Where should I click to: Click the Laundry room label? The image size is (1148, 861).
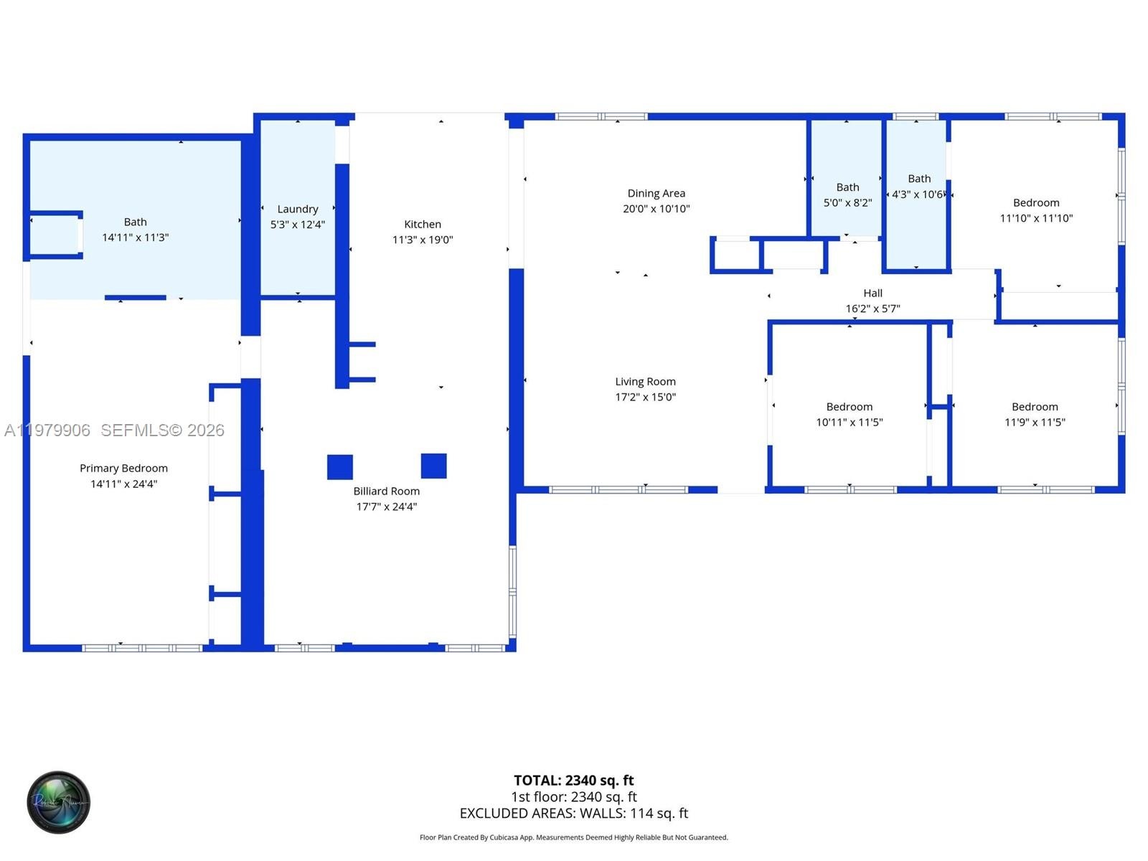(298, 209)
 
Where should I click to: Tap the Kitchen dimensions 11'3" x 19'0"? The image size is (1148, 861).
(423, 240)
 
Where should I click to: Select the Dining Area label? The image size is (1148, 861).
(656, 194)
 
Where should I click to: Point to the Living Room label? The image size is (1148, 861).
(645, 382)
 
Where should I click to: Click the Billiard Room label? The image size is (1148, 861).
(386, 491)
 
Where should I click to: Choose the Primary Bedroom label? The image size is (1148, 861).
(123, 469)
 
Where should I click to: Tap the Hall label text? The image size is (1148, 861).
(873, 293)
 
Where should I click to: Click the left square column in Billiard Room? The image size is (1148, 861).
(340, 467)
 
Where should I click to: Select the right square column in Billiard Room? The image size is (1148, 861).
(433, 466)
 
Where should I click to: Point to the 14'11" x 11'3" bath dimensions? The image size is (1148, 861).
(135, 237)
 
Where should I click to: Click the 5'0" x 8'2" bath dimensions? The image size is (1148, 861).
(847, 203)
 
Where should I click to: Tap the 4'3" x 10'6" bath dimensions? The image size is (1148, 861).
(918, 194)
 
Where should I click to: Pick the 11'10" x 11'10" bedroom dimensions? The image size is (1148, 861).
(1036, 218)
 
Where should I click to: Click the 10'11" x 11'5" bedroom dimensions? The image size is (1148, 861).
(850, 422)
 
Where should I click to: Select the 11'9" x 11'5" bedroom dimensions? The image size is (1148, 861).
(1035, 422)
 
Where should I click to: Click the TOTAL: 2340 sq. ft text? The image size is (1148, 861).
(574, 781)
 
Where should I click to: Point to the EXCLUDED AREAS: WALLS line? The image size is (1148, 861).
(574, 814)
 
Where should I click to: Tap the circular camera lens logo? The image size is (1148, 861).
(59, 802)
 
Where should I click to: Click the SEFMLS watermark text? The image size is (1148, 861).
(162, 430)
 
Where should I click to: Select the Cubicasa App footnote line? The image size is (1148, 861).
(574, 837)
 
